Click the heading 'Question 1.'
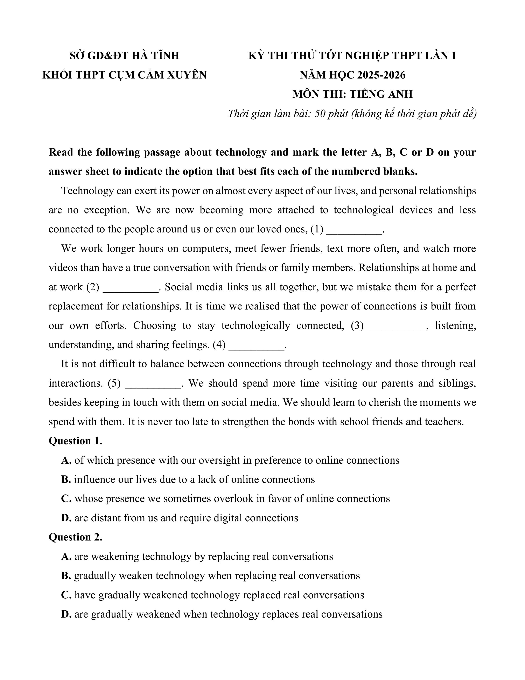pyautogui.click(x=75, y=441)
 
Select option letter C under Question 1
pyautogui.click(x=66, y=498)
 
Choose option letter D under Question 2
pyautogui.click(x=66, y=614)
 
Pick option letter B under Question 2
pyautogui.click(x=66, y=576)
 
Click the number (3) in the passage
pyautogui.click(x=357, y=325)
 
